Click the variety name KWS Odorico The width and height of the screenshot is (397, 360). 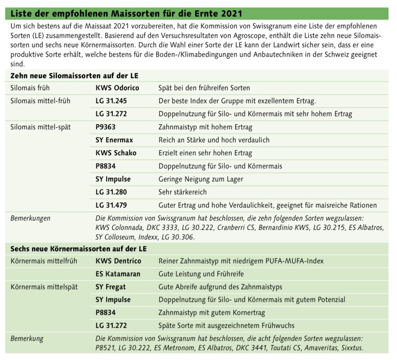click(x=117, y=88)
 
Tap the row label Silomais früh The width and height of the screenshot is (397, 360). click(x=31, y=88)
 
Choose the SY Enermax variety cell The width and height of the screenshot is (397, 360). click(x=114, y=140)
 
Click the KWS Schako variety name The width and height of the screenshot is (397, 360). click(x=115, y=153)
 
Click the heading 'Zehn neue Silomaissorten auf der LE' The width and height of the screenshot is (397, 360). click(x=74, y=76)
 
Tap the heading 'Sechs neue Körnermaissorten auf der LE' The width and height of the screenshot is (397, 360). click(x=78, y=249)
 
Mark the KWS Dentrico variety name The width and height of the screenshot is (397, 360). click(x=118, y=261)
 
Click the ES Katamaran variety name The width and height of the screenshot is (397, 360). click(x=118, y=274)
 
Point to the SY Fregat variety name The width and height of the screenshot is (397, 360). click(x=110, y=287)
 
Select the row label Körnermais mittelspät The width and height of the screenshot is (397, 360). click(x=44, y=287)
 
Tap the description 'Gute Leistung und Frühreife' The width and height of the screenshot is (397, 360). click(x=201, y=274)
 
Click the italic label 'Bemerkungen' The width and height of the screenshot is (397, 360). click(x=30, y=218)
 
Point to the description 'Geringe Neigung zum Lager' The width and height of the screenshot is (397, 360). click(x=201, y=179)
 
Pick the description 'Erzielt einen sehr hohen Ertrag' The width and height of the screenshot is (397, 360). click(x=205, y=153)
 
